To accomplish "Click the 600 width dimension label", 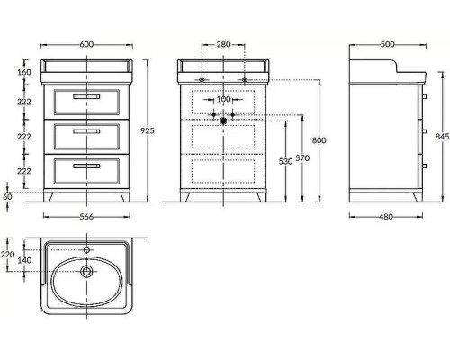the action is [x=86, y=44].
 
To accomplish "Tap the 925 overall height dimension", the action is [x=148, y=130].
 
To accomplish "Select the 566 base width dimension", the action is [x=86, y=217].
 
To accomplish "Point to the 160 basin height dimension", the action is [x=24, y=72].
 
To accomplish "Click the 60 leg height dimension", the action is [x=7, y=197].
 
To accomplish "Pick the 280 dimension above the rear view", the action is [x=223, y=44].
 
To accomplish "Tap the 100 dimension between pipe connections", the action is [x=223, y=99].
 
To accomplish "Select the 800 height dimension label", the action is [x=319, y=140].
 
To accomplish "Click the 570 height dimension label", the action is [x=302, y=157].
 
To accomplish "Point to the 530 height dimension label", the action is [x=285, y=161].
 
